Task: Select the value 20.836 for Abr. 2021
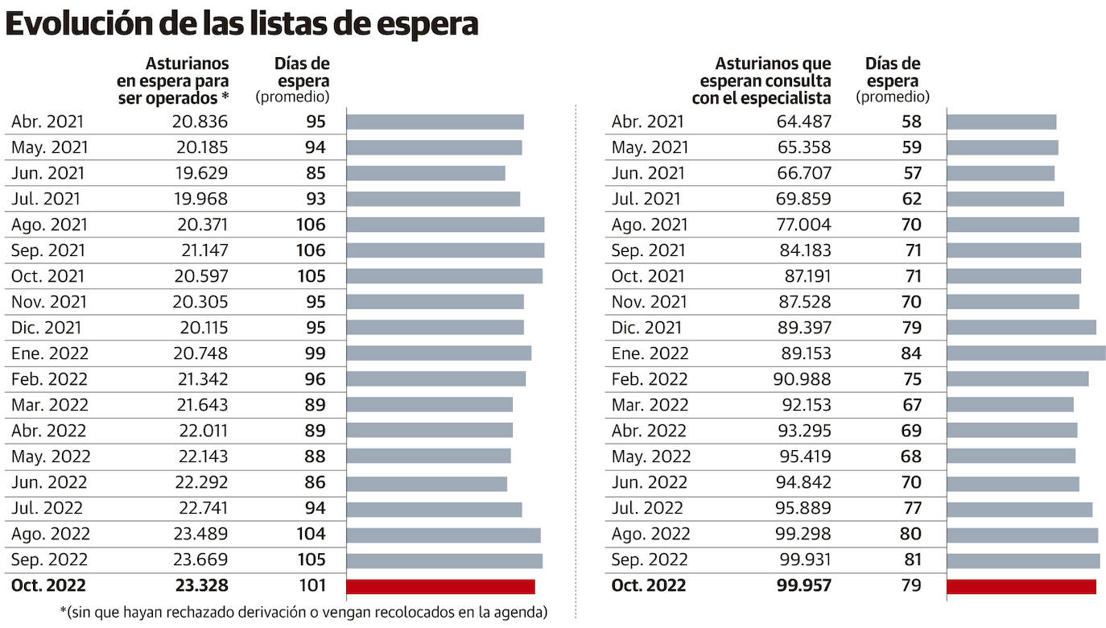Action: [x=200, y=122]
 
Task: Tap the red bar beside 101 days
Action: [x=440, y=586]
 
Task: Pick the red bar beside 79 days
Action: [x=1021, y=586]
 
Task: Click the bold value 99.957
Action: [x=799, y=585]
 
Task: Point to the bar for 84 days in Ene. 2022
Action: [x=1026, y=353]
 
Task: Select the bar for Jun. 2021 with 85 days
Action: [x=426, y=173]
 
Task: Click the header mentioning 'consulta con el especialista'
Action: [x=761, y=81]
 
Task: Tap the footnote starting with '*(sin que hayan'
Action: [x=303, y=612]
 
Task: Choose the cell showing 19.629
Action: [x=200, y=173]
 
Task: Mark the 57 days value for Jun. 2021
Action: [x=911, y=173]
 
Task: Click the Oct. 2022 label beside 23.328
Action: [x=48, y=585]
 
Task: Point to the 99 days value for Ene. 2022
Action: [x=315, y=353]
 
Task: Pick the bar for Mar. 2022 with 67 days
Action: [x=1009, y=405]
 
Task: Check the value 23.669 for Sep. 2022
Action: [x=200, y=560]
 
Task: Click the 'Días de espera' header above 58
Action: [x=893, y=81]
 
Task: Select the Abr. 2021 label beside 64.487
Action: [x=647, y=122]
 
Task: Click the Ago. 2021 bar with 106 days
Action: [x=445, y=225]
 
